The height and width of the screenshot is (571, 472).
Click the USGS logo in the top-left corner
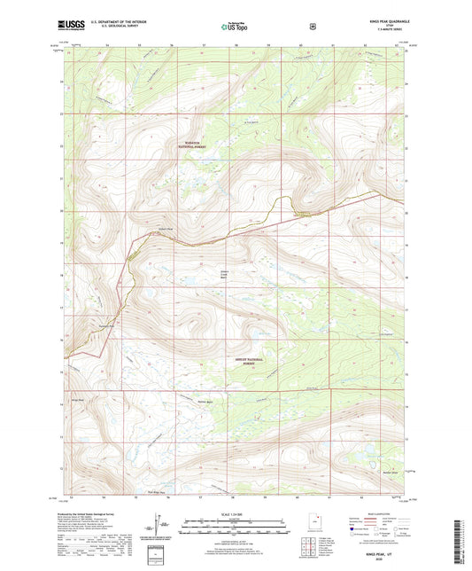(x=75, y=27)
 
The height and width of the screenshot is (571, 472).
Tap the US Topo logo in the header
(x=236, y=27)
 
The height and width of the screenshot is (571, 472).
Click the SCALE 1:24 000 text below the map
(x=236, y=513)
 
